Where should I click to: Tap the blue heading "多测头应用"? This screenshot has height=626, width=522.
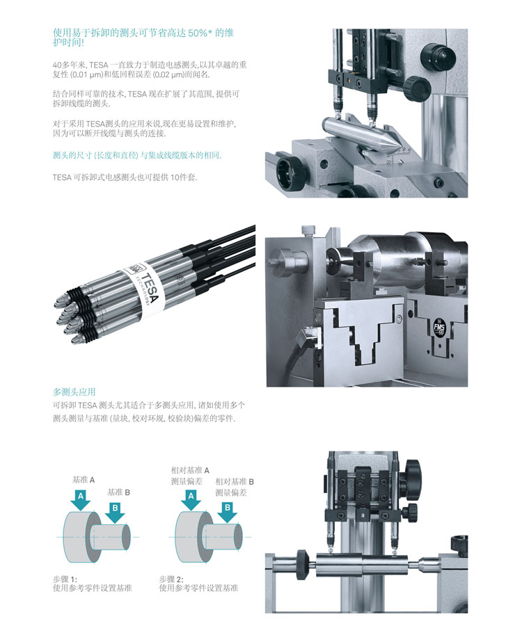pos(74,392)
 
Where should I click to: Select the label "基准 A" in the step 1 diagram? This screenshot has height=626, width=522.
pos(84,480)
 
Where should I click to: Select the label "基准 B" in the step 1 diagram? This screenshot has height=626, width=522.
pos(118,492)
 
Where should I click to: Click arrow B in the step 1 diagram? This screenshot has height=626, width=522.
pos(115,512)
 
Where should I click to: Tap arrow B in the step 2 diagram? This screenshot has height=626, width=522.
pos(228,512)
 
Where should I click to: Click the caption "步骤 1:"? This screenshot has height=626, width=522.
pos(65,579)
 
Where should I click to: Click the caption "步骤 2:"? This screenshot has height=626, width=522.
pos(171,579)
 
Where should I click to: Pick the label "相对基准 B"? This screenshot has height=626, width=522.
pos(235,481)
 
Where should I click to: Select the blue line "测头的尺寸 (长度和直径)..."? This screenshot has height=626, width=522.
pos(137,155)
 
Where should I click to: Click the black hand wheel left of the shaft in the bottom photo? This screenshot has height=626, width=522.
pos(302,565)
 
